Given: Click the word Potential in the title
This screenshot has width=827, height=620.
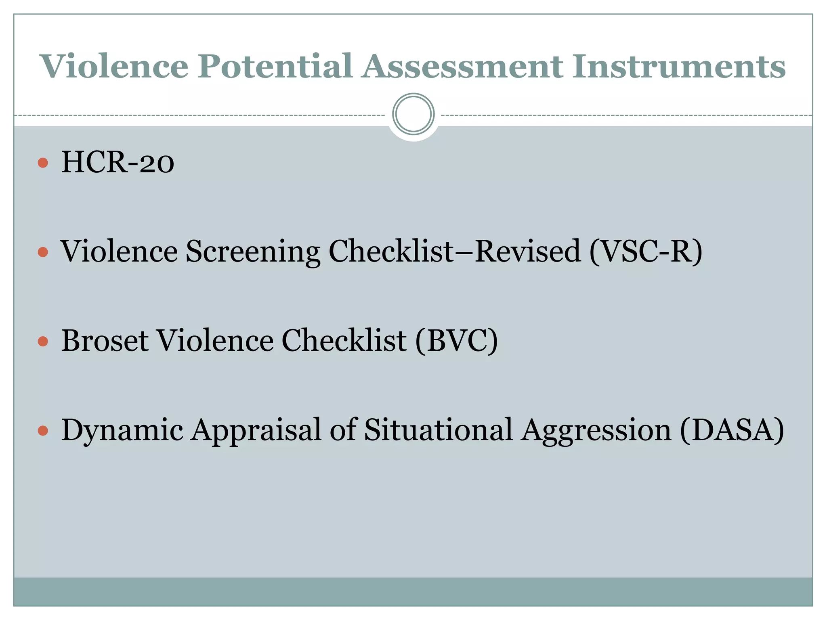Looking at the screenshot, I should (275, 66).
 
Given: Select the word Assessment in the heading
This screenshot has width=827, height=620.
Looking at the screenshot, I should (462, 66).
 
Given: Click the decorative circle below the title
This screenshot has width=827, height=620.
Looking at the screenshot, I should (413, 114).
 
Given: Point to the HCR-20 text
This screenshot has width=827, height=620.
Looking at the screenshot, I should (118, 162).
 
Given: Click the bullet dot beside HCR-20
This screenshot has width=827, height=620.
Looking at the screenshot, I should (43, 163).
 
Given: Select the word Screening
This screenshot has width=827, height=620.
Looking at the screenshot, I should (253, 252).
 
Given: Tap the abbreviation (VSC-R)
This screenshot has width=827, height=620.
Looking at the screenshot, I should (646, 252).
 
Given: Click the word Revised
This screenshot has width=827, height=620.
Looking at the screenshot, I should (528, 251).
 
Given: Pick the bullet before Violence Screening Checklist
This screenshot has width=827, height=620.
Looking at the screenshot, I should (43, 252).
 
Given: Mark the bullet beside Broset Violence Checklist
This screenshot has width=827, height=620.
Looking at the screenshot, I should (43, 341).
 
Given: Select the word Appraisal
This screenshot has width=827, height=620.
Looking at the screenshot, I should (256, 430).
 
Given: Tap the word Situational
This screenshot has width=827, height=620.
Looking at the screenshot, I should (438, 429).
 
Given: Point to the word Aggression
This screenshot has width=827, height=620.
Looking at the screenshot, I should (596, 430).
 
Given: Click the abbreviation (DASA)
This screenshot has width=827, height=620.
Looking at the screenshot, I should (732, 430).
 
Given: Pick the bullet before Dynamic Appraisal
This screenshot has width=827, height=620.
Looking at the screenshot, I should (43, 430).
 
